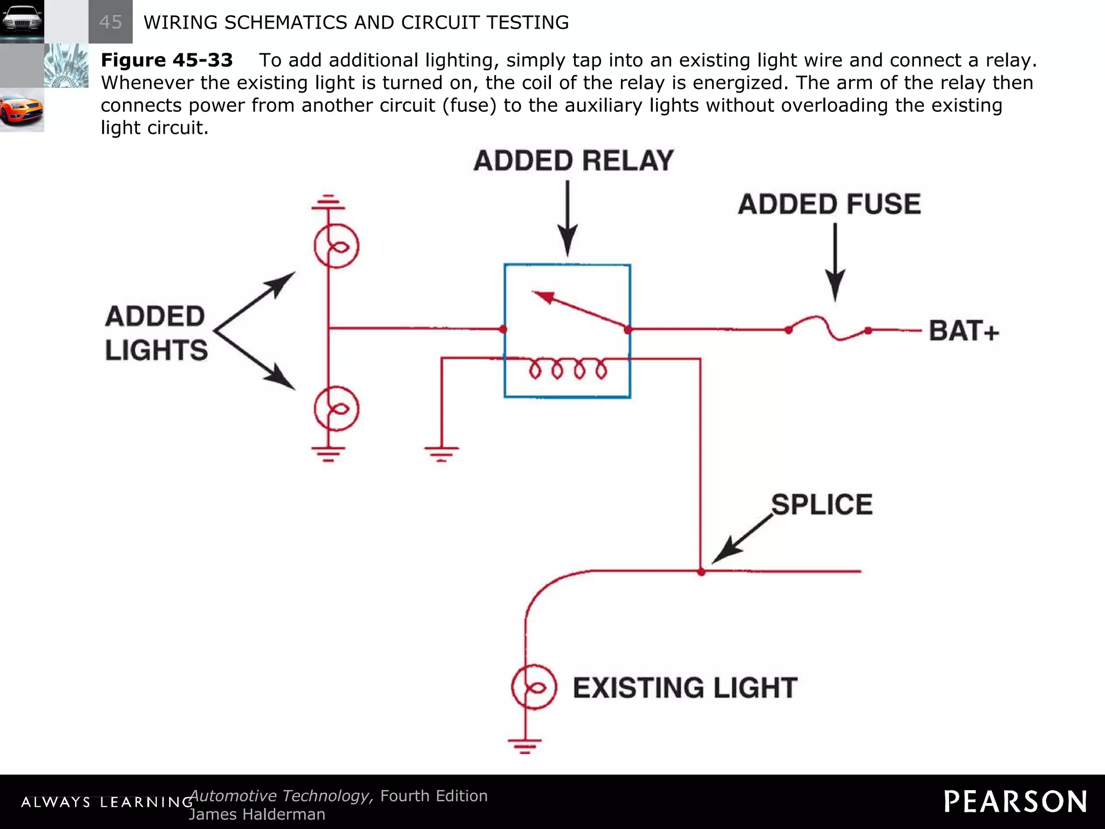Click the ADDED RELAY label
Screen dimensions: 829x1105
[x=574, y=161]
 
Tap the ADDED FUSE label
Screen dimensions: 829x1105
[x=829, y=205]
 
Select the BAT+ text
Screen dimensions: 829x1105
[x=964, y=330]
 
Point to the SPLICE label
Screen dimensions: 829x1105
[x=821, y=505]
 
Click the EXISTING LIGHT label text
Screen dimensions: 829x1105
[x=685, y=688]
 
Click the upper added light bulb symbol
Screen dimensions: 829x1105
[x=336, y=246]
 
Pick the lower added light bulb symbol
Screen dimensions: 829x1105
[x=336, y=409]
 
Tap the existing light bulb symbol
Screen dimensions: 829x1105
[x=534, y=687]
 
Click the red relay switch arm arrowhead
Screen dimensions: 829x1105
[x=544, y=297]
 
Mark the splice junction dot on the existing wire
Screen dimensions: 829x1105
[x=701, y=572]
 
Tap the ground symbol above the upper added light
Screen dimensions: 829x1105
[x=328, y=202]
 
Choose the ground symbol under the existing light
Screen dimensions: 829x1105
[x=524, y=746]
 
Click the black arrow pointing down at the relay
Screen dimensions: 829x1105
[x=567, y=219]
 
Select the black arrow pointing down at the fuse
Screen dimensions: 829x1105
[x=835, y=262]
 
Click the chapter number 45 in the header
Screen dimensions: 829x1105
[x=111, y=22]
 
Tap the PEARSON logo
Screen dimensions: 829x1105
[x=1015, y=801]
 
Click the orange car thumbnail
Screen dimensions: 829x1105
[x=22, y=110]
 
